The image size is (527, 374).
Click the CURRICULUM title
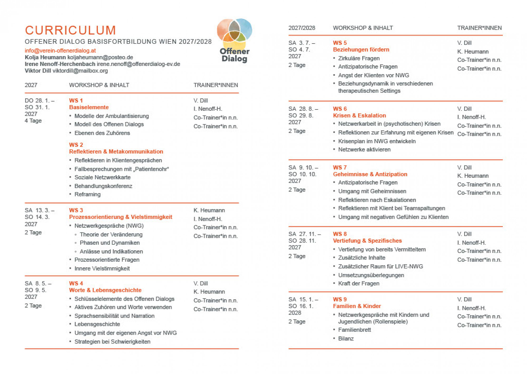(70, 30)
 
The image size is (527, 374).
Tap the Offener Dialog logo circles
(234, 33)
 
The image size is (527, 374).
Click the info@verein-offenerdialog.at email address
(60, 50)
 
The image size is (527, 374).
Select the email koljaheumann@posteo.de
(100, 57)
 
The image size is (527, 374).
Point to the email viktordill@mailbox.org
(80, 71)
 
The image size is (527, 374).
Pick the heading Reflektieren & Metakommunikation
(116, 151)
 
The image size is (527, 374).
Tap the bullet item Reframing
(87, 194)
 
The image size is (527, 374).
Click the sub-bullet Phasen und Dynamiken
(110, 243)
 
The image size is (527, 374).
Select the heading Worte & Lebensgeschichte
(105, 290)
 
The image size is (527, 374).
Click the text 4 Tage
(33, 121)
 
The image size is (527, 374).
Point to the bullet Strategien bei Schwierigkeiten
(112, 342)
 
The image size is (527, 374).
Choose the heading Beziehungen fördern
(361, 50)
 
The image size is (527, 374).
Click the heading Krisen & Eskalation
(359, 115)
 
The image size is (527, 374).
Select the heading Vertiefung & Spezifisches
(367, 241)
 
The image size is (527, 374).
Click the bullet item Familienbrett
(354, 330)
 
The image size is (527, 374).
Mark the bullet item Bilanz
(346, 338)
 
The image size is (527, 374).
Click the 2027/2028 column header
(302, 28)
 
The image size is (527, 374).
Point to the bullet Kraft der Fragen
(359, 284)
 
